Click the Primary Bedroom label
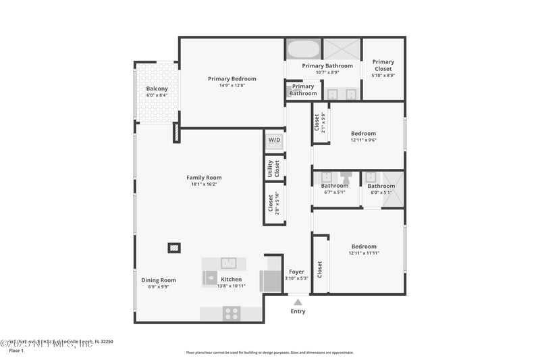[x=232, y=79]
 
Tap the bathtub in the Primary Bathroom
[x=303, y=49]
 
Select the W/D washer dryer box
[x=274, y=140]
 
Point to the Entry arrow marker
[x=298, y=302]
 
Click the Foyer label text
[x=297, y=272]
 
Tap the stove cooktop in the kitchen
[x=232, y=313]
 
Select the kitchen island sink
[x=228, y=262]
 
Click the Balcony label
[x=157, y=88]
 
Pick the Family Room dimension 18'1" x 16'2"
[x=204, y=184]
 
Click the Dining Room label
[x=159, y=280]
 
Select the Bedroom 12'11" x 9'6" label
[x=363, y=134]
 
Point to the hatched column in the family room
[x=174, y=248]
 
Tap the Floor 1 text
[x=16, y=351]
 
